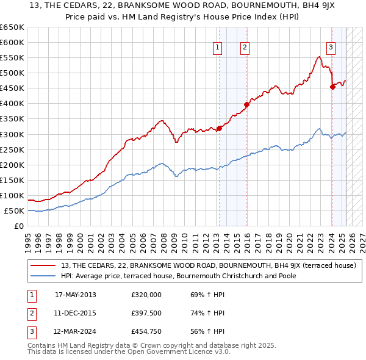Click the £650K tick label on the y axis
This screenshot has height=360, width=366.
point(12,27)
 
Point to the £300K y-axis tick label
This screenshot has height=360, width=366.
point(12,134)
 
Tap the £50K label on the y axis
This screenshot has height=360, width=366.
point(15,211)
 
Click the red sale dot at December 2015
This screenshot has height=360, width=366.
point(246,104)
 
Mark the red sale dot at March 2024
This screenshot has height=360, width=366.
point(332,87)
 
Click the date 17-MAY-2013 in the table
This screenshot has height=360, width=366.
point(76,295)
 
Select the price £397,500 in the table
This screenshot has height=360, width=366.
point(146,313)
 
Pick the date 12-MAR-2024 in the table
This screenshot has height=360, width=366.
point(76,332)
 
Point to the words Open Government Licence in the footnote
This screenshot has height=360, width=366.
point(179,352)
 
